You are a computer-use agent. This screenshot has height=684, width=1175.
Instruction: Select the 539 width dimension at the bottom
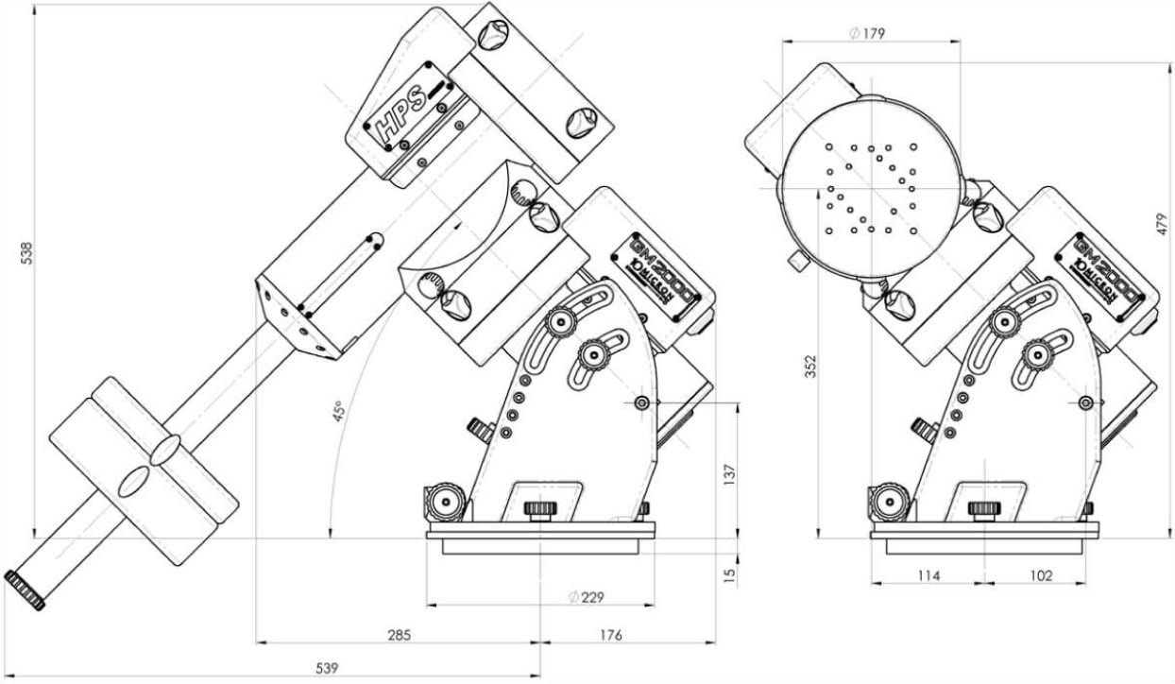(325, 668)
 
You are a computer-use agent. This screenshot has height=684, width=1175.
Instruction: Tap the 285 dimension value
(399, 635)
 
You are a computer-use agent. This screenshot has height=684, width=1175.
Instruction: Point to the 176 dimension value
(611, 635)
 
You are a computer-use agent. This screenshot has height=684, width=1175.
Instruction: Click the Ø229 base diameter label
(586, 596)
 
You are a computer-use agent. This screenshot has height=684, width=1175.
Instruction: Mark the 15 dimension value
(728, 573)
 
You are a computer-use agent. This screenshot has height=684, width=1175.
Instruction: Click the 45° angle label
(336, 413)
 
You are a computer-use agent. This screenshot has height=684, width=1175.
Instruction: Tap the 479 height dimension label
(1164, 223)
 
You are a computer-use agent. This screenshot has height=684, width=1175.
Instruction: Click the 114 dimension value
(928, 575)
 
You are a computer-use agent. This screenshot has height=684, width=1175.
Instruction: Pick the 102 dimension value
(1041, 575)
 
